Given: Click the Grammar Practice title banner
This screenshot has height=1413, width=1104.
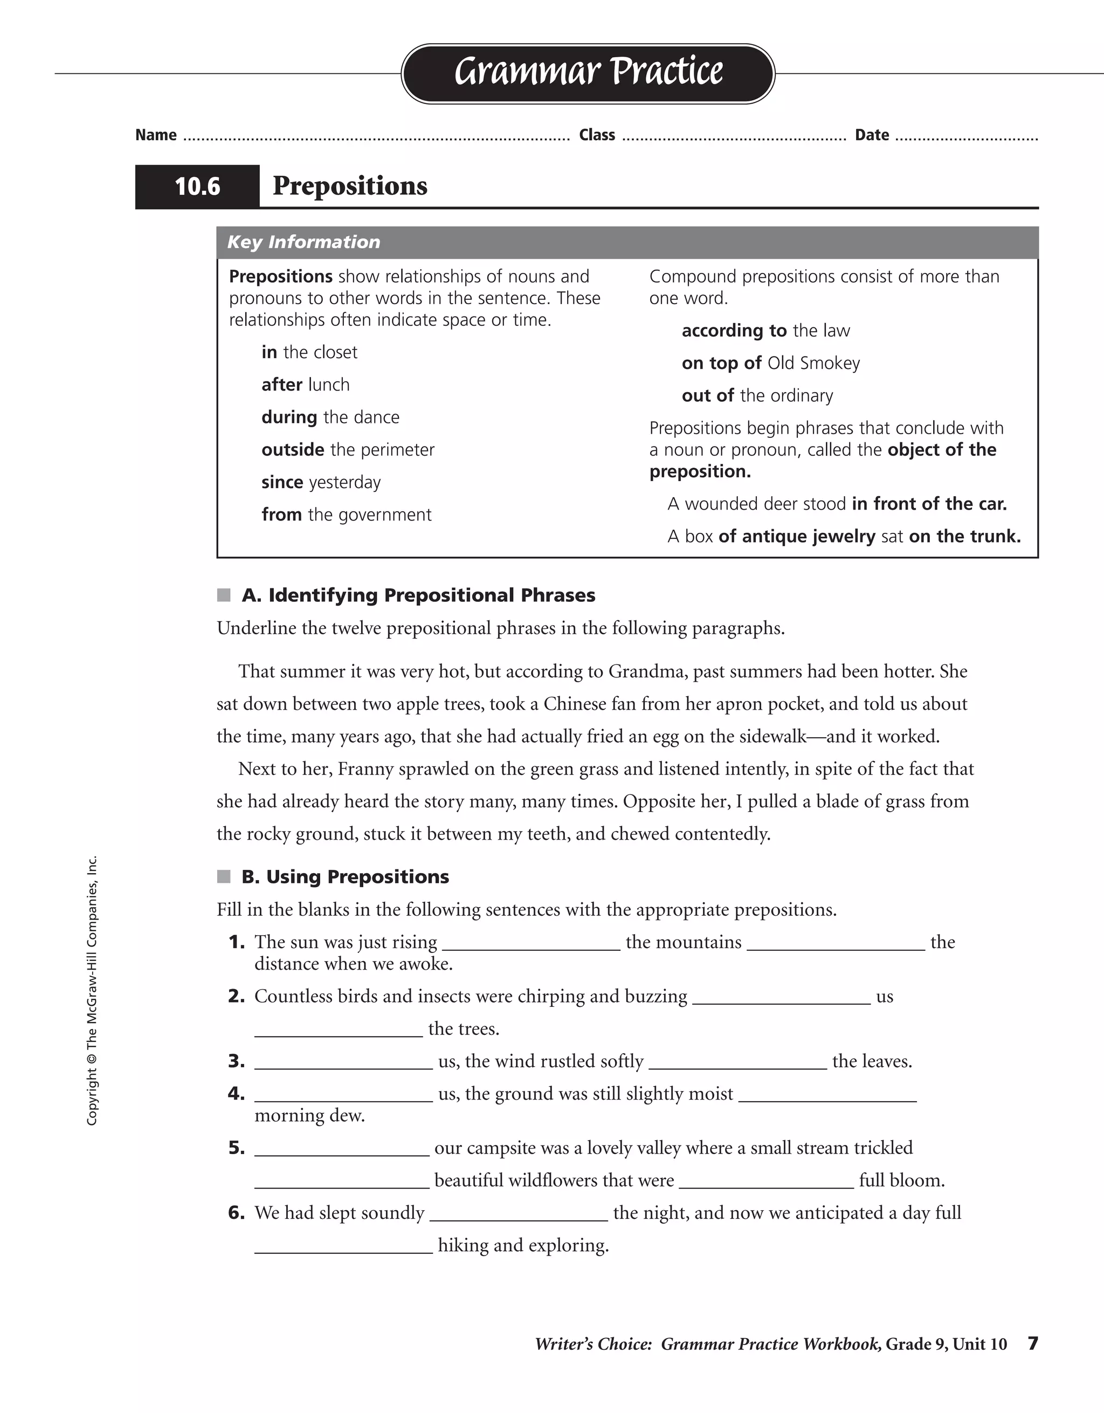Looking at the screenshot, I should [x=588, y=72].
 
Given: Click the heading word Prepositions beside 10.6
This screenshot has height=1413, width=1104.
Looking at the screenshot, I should [x=350, y=186].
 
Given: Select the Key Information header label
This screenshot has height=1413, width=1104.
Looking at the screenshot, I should [x=303, y=242].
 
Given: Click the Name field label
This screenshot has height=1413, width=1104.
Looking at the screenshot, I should [x=156, y=135].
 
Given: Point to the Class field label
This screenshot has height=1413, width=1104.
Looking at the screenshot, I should [x=597, y=135].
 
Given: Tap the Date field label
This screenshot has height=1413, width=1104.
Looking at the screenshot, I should [x=872, y=135].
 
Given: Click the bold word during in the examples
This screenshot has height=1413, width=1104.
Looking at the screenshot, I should [x=289, y=417].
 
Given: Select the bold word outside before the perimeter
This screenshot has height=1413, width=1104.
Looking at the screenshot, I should [x=293, y=450].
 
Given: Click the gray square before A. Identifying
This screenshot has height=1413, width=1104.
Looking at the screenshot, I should [x=224, y=595].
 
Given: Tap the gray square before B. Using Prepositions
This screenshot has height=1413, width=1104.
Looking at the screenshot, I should [x=224, y=877].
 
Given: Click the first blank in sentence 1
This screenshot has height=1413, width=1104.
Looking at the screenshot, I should [x=531, y=944].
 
